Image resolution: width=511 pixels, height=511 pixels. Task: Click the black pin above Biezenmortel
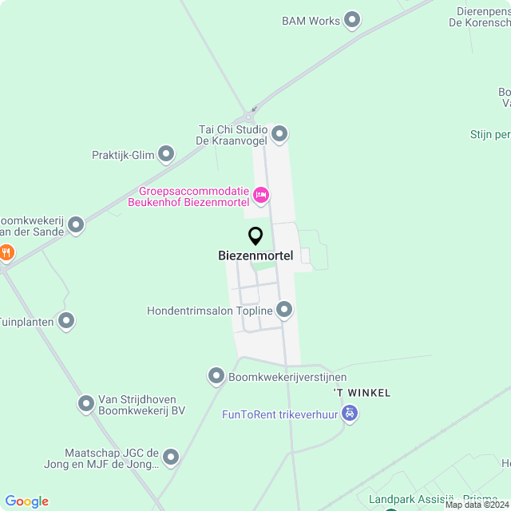[x=255, y=236]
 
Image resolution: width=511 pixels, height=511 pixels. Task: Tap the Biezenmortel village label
[x=255, y=256]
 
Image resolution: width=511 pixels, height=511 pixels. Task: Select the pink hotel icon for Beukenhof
[x=260, y=195]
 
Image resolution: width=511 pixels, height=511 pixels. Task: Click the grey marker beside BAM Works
[x=352, y=21]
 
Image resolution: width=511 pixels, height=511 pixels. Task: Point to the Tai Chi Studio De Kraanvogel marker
[x=279, y=133]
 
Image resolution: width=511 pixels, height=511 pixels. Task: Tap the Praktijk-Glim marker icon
[x=166, y=153]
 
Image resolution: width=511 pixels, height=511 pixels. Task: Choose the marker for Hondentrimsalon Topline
[x=284, y=309]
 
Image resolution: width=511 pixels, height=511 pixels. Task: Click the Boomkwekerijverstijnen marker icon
[x=216, y=375]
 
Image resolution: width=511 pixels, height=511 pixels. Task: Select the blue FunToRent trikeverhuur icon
[x=349, y=414]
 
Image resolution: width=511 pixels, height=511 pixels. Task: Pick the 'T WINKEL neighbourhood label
[x=362, y=393]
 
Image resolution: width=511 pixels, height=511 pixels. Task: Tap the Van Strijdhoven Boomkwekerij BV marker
[x=86, y=404]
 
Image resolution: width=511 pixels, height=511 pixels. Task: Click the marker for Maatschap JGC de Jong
[x=171, y=458]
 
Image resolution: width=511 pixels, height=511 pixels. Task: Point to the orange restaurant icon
[x=6, y=252]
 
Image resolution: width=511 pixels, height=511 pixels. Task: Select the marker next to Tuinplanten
[x=66, y=321]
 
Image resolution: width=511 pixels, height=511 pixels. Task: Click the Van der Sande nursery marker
[x=76, y=225]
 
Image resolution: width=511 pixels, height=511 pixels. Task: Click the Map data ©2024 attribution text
[x=477, y=505]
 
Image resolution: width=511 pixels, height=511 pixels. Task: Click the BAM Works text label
[x=311, y=21]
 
